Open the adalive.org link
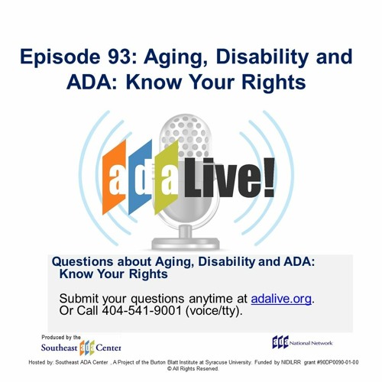[x=281, y=298]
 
